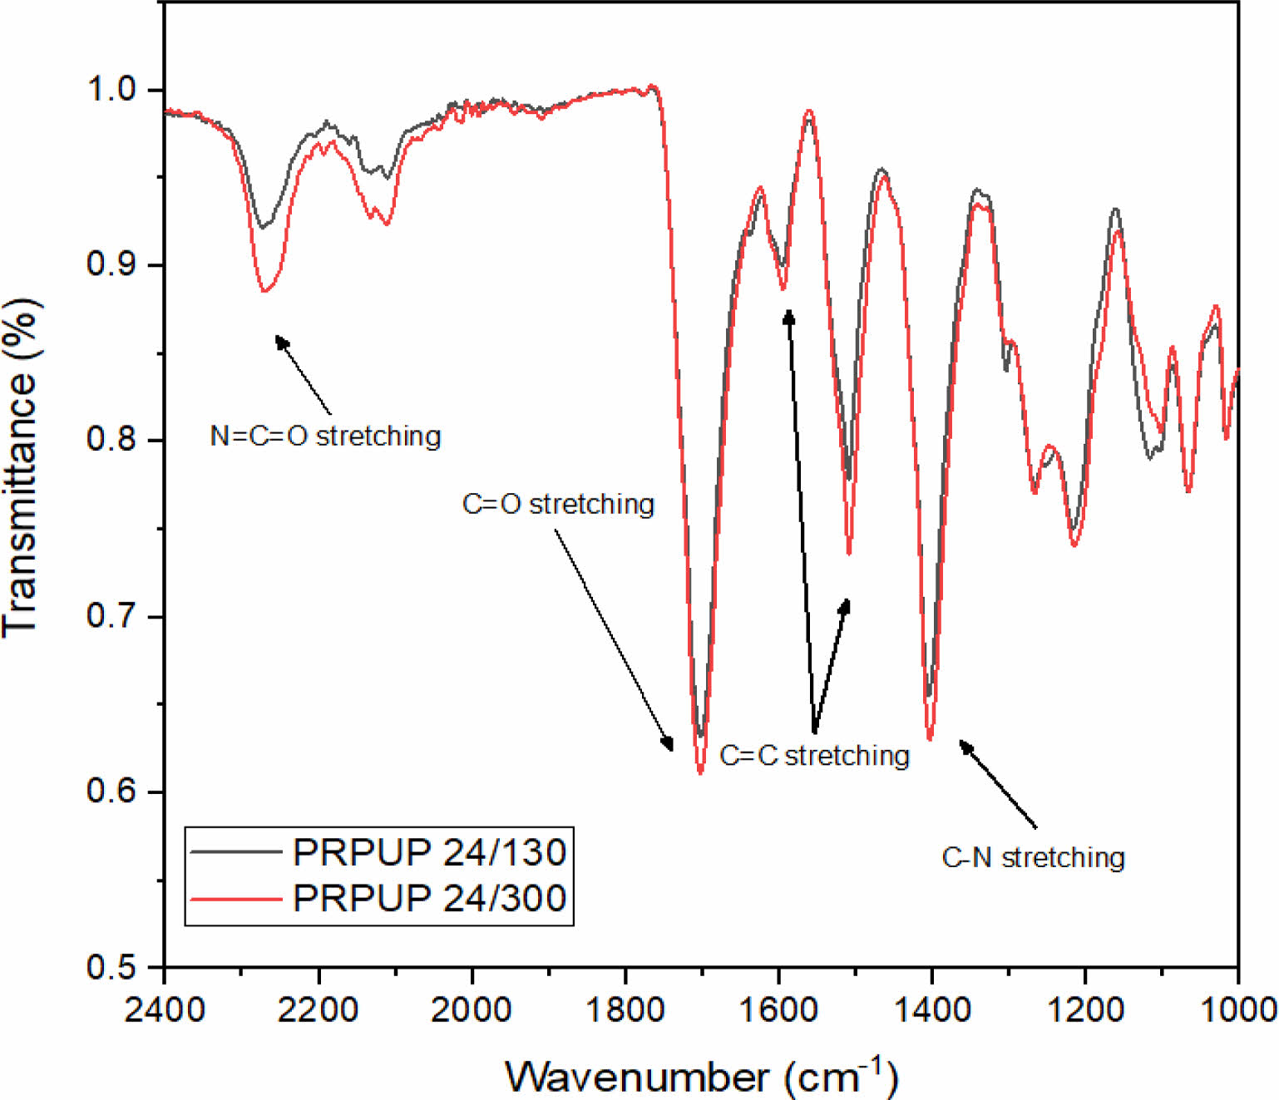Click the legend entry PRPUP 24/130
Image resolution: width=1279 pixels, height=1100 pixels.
click(429, 852)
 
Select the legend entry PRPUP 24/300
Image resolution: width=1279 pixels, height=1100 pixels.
click(429, 898)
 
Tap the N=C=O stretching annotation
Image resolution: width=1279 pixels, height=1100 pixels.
click(325, 436)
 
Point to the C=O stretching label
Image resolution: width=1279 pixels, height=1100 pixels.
click(558, 504)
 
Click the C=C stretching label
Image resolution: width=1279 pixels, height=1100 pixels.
click(814, 755)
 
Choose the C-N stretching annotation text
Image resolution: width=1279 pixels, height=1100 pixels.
click(1033, 857)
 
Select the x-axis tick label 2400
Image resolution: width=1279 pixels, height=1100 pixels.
click(165, 1009)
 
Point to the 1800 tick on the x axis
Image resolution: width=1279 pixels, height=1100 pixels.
click(625, 1009)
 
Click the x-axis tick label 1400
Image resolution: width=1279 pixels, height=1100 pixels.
click(931, 1009)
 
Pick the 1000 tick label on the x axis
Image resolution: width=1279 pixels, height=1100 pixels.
click(1238, 1009)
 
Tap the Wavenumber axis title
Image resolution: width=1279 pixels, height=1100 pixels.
click(701, 1077)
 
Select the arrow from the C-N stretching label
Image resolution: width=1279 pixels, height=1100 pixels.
click(998, 784)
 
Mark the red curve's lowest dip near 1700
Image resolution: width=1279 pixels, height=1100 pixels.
click(700, 772)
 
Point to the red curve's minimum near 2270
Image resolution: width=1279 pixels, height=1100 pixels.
click(264, 291)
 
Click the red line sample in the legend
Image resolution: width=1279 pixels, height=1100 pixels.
click(235, 899)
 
